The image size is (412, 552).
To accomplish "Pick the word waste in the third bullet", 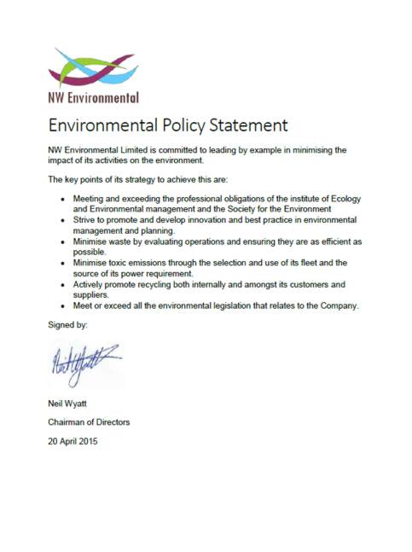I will [121, 241].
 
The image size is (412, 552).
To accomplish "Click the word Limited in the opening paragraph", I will [140, 150].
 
